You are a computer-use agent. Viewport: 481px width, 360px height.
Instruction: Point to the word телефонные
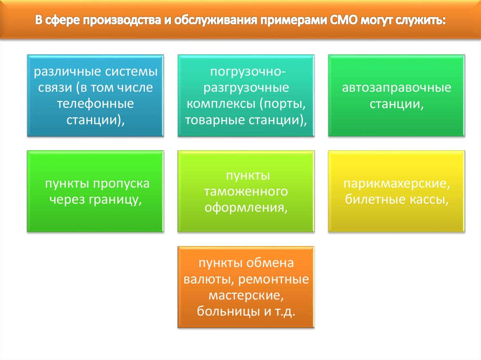coord(95,104)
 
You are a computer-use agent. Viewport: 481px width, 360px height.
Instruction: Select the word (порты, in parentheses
coord(282,104)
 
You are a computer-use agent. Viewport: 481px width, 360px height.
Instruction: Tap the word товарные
coord(215,120)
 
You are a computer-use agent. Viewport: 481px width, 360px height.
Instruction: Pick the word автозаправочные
coord(396,88)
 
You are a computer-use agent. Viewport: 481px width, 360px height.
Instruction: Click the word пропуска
coord(121,184)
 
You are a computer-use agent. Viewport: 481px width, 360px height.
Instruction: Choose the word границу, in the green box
coord(116,200)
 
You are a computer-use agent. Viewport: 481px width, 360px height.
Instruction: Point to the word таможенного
coord(246,191)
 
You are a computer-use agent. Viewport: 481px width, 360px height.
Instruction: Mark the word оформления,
coord(246,208)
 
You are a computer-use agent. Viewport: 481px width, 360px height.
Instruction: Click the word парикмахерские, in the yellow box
coord(396,184)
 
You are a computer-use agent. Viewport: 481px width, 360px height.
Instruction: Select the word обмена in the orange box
coord(270,263)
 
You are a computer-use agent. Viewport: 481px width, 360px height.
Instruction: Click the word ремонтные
coord(274,279)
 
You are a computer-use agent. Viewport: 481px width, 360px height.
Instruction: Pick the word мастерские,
coord(246,296)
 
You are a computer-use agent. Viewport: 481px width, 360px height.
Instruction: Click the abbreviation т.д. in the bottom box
coord(285,312)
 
